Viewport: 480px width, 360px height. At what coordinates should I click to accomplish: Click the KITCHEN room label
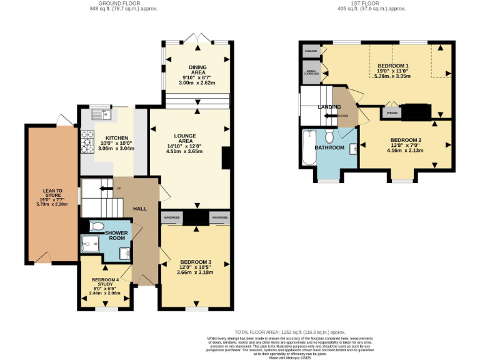pos(117,138)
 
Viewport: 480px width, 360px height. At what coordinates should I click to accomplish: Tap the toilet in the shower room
pos(97,226)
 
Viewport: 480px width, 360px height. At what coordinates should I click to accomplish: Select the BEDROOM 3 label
pos(196,262)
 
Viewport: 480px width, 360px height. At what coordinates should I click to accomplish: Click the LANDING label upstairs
pos(329,107)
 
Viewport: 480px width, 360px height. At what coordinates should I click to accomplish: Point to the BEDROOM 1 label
pos(393,66)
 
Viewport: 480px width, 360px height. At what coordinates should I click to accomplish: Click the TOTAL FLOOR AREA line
pos(290,332)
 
